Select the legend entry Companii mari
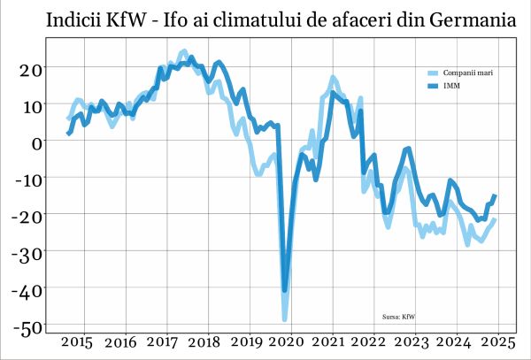(468, 73)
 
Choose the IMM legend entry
(450, 86)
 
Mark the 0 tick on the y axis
(37, 142)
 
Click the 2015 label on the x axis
(78, 341)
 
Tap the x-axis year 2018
(204, 341)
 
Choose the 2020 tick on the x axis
(288, 341)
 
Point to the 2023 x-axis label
(413, 341)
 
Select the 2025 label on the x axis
(497, 341)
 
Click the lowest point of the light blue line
(285, 318)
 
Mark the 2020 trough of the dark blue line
(285, 289)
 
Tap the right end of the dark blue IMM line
(495, 195)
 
